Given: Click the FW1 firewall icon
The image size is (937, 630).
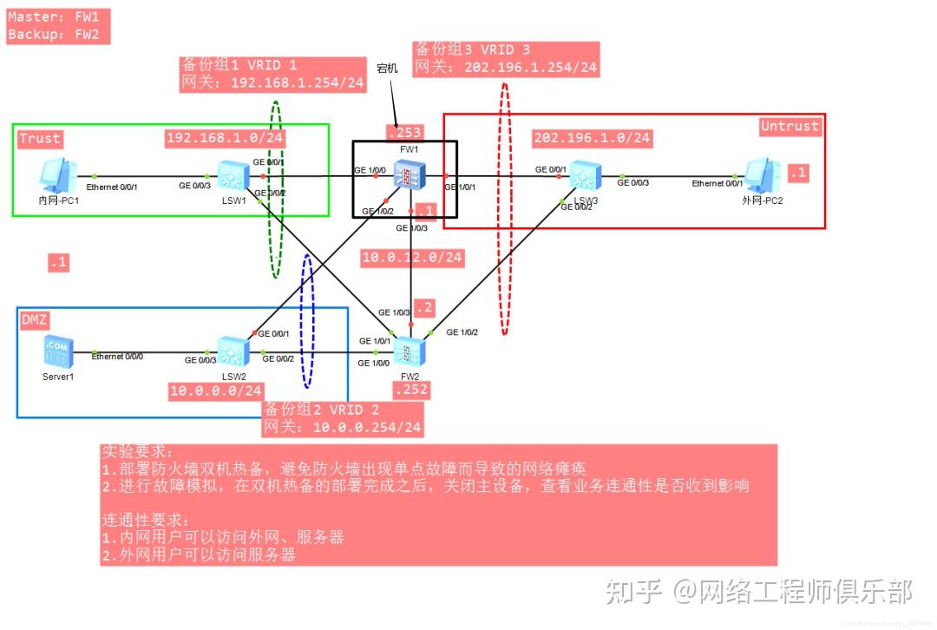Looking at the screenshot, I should click(x=406, y=177).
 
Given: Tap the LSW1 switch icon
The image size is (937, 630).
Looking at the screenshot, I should click(x=233, y=177).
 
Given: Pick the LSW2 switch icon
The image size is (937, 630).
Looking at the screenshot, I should click(x=233, y=351).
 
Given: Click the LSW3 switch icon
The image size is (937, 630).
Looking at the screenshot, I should click(x=582, y=178).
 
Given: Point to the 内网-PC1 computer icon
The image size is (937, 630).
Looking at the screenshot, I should click(x=60, y=175).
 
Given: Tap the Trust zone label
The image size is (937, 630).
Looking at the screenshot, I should click(x=40, y=138).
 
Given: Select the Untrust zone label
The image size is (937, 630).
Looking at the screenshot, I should click(x=790, y=126).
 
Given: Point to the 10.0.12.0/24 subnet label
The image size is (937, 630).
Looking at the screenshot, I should click(x=412, y=258).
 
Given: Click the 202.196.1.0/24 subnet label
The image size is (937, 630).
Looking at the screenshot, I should click(x=592, y=138).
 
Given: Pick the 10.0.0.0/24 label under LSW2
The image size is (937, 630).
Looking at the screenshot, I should click(x=215, y=391).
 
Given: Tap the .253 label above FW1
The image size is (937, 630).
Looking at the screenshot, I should click(x=403, y=132).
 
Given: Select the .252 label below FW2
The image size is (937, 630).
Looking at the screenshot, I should click(x=410, y=390).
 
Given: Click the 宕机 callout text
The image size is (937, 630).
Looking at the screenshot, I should click(x=387, y=67).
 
